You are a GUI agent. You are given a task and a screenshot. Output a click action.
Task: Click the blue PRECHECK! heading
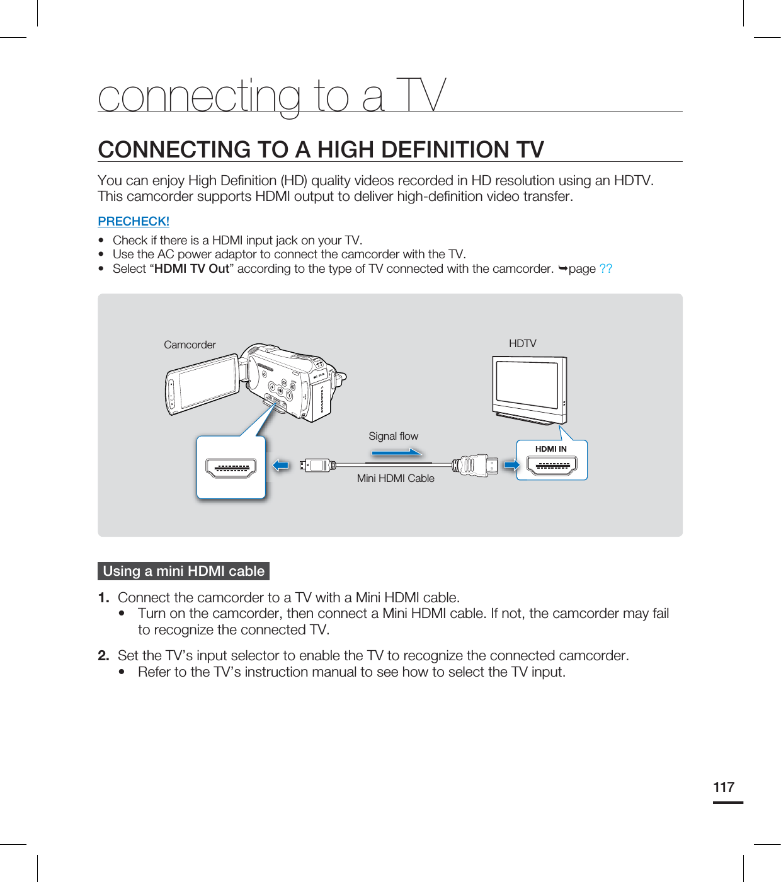click(x=134, y=221)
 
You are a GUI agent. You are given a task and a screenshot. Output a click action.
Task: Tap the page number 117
click(x=724, y=787)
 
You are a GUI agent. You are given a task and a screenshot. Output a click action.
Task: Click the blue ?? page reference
click(x=605, y=268)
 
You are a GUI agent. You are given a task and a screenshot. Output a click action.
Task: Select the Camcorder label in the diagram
click(x=190, y=345)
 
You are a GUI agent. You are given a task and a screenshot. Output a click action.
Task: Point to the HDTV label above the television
click(x=522, y=343)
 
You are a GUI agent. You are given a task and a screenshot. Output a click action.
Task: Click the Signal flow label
click(x=393, y=436)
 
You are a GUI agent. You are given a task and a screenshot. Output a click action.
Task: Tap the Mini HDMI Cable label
click(x=396, y=478)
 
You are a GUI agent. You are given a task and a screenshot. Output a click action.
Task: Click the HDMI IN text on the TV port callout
click(x=550, y=449)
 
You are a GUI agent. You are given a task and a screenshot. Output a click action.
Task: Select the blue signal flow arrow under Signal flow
click(x=397, y=452)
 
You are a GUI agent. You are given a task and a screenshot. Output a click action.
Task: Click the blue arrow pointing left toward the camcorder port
click(x=281, y=466)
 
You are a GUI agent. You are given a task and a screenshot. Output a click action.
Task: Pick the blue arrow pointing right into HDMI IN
click(x=511, y=466)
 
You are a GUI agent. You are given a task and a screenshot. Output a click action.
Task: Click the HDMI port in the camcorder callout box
click(x=231, y=468)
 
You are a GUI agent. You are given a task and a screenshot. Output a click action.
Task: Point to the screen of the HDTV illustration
click(x=527, y=384)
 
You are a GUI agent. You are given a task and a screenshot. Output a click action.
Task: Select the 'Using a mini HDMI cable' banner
click(x=183, y=571)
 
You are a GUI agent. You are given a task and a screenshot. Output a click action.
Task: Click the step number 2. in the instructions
click(x=104, y=655)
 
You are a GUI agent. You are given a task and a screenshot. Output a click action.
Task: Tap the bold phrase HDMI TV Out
click(x=191, y=268)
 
